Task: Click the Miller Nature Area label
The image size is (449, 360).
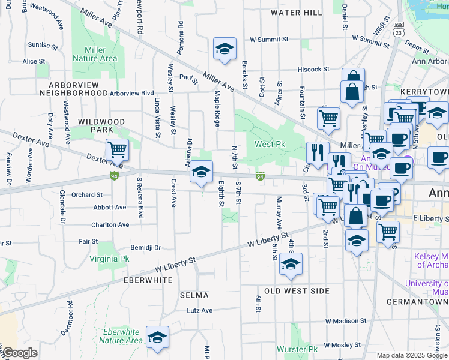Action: pyautogui.click(x=95, y=54)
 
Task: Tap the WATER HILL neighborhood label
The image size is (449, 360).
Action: pyautogui.click(x=296, y=12)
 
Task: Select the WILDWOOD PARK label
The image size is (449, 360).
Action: pyautogui.click(x=101, y=125)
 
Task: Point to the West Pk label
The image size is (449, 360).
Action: pyautogui.click(x=270, y=144)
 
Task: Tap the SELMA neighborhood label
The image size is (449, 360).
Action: pyautogui.click(x=194, y=295)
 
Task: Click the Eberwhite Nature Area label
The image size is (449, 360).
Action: pyautogui.click(x=121, y=336)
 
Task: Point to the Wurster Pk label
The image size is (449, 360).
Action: pyautogui.click(x=297, y=349)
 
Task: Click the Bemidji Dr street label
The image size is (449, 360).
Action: pyautogui.click(x=146, y=247)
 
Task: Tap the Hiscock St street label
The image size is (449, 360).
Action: pyautogui.click(x=312, y=69)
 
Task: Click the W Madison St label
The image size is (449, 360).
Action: pyautogui.click(x=345, y=321)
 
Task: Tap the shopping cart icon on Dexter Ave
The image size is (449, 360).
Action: pyautogui.click(x=117, y=150)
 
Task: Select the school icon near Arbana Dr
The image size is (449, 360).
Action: pyautogui.click(x=202, y=172)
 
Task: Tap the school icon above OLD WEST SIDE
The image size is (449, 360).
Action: pyautogui.click(x=291, y=264)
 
